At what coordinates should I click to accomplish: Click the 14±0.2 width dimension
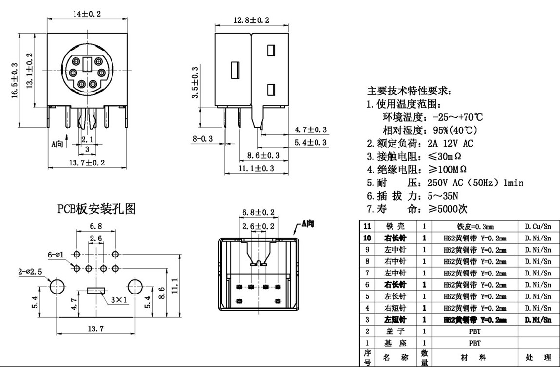[87, 14]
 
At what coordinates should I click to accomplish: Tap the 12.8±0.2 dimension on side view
[251, 20]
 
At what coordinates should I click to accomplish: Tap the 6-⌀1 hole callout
[58, 254]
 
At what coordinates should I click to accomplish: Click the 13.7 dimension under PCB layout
[95, 329]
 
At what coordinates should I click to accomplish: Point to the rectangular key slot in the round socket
[87, 64]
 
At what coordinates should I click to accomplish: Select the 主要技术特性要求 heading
[409, 91]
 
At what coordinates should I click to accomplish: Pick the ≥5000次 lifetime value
[448, 209]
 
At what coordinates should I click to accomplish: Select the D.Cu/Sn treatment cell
[538, 227]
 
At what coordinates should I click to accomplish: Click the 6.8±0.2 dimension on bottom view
[259, 213]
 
